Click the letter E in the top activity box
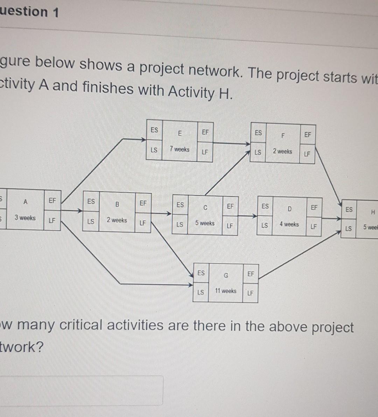(180, 133)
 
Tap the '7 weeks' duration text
(180, 149)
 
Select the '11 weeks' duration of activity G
(226, 291)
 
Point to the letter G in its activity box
(226, 275)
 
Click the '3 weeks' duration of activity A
(25, 218)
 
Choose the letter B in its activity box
(117, 204)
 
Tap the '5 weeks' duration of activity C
(205, 223)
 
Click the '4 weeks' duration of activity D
(289, 224)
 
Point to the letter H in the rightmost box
(373, 212)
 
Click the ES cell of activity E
(154, 130)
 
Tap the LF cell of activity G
(250, 293)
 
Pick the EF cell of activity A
(52, 200)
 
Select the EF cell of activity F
(307, 135)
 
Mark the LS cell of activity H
(348, 229)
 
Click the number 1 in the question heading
(55, 13)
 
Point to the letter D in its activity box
(289, 209)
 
